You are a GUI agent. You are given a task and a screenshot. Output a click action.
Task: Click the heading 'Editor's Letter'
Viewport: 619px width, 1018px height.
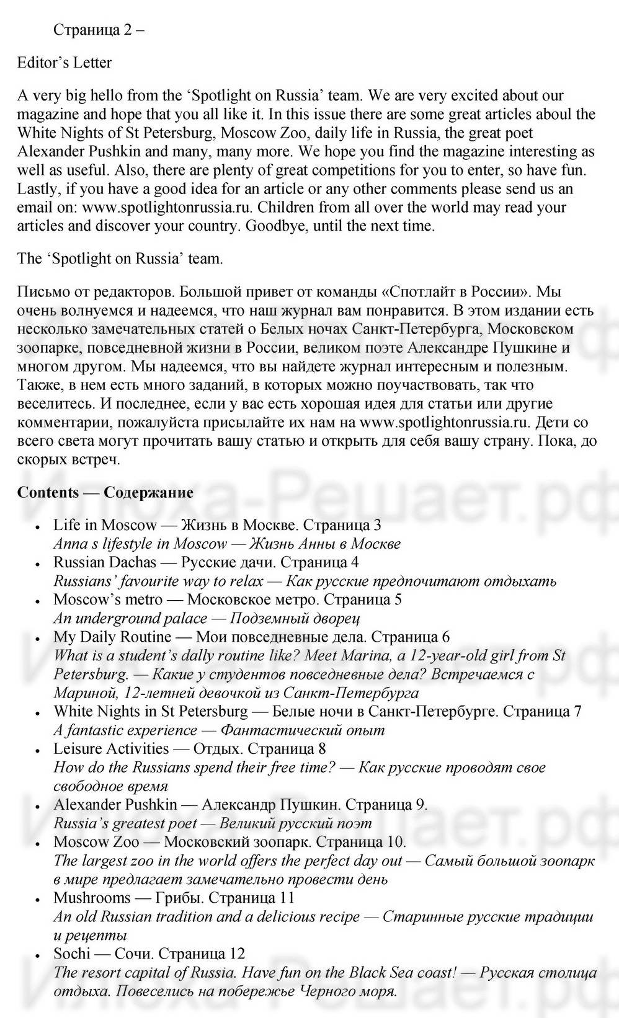65,63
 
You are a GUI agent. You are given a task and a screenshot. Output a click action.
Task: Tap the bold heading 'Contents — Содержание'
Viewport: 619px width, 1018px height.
105,492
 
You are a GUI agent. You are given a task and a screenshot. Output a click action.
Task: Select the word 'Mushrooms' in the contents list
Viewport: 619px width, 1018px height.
92,898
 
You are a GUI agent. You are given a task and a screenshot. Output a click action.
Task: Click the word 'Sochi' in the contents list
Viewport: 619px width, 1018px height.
72,954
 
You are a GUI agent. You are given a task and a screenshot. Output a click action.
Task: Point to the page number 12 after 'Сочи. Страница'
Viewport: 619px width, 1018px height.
237,954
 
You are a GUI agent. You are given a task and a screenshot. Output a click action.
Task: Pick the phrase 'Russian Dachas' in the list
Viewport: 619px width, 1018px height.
105,562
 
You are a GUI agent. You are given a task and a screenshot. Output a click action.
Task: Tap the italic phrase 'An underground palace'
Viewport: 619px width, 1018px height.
130,618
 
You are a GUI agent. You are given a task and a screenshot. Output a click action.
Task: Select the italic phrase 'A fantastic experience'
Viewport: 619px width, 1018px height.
125,730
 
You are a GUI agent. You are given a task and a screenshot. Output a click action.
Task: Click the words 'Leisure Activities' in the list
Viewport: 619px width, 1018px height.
111,749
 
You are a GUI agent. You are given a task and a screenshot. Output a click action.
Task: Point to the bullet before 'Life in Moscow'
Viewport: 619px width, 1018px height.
38,526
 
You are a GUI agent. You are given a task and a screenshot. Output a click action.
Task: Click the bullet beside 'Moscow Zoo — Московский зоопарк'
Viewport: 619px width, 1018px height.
38,843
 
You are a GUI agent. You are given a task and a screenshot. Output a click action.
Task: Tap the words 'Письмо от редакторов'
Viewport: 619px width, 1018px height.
86,291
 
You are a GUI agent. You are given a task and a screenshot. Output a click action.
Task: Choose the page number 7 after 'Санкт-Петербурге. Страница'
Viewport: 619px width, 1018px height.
577,711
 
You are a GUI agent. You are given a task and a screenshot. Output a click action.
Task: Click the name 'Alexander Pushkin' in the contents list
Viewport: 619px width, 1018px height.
115,805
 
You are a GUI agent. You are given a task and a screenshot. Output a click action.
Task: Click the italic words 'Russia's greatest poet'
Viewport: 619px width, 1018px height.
125,823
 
